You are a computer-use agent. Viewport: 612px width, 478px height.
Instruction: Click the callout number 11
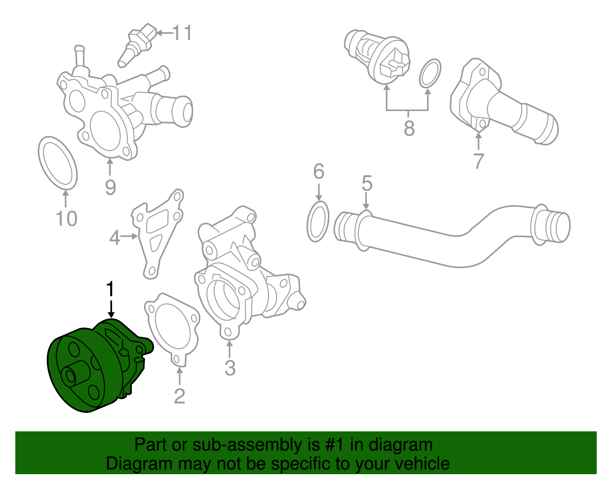(182, 33)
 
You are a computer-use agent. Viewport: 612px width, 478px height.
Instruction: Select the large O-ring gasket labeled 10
(58, 163)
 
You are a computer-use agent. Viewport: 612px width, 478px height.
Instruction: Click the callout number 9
(110, 187)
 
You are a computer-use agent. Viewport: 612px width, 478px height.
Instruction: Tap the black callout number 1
(110, 289)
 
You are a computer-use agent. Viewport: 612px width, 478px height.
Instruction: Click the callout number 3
(229, 368)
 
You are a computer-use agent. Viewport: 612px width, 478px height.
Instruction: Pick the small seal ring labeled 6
(318, 222)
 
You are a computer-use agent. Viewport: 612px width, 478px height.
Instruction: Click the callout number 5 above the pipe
(367, 184)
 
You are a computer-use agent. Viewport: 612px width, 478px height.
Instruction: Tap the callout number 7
(479, 161)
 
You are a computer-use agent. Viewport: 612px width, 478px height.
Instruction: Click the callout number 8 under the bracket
(409, 128)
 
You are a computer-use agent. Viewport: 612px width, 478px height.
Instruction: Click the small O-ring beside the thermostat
(430, 73)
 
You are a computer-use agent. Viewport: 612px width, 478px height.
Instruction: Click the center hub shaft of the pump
(71, 375)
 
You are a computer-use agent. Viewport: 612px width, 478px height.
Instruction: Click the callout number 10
(67, 219)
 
